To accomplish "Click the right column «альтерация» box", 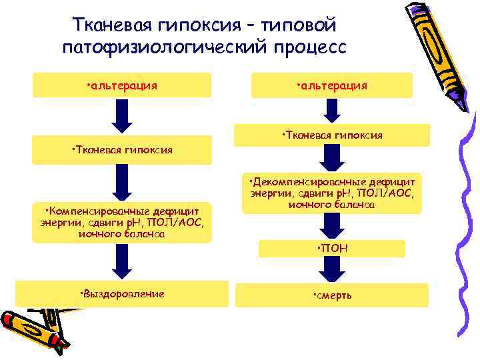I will pos(331,85).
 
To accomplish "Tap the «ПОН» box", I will pos(331,249).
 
